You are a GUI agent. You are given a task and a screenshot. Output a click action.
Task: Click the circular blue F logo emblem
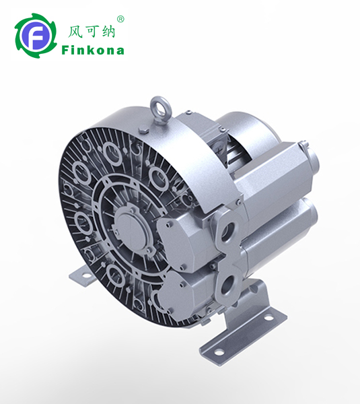35,36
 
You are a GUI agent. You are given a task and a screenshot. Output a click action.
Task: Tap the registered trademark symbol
120,20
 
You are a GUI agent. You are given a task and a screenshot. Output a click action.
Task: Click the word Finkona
93,50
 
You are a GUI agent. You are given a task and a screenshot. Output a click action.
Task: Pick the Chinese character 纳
108,32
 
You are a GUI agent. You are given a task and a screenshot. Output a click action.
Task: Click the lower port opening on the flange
227,284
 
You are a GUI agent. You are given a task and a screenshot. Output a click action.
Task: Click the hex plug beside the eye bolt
144,130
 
